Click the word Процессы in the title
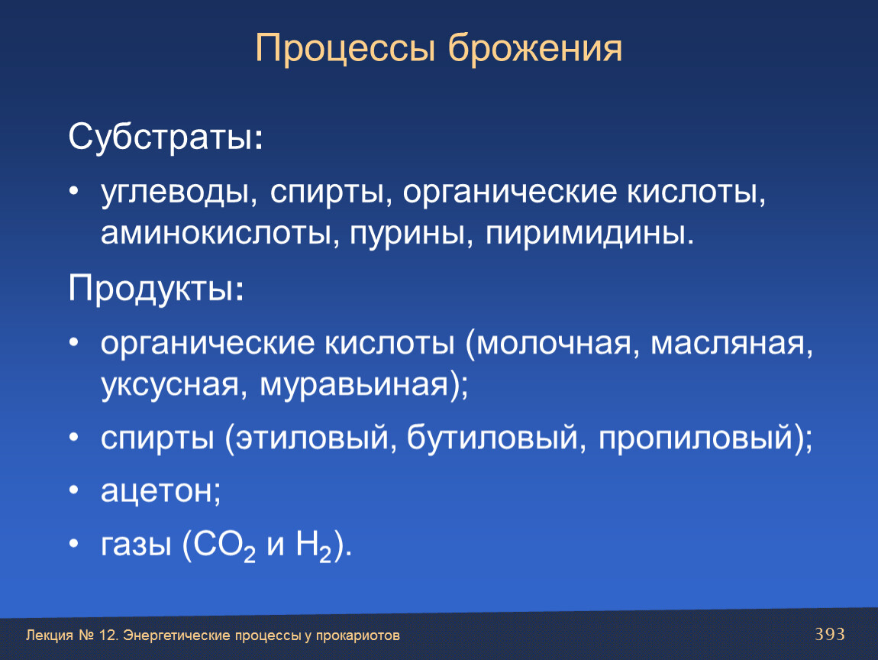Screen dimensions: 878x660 point(345,49)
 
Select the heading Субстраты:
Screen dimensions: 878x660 point(165,137)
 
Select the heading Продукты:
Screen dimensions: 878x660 point(157,288)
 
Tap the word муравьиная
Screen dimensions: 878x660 point(355,386)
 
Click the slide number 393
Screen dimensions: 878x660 point(830,634)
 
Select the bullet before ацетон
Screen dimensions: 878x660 point(74,490)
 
